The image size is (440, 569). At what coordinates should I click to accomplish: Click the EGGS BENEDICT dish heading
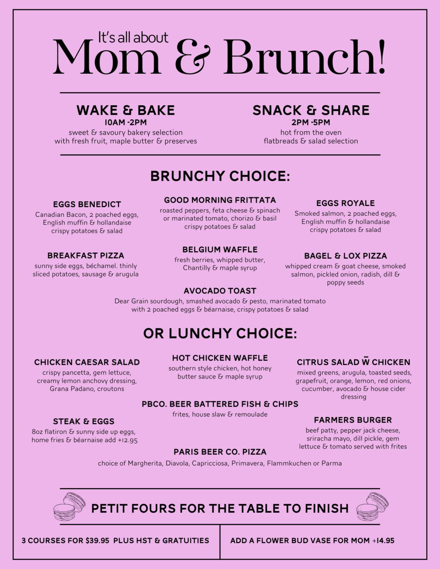tap(87, 204)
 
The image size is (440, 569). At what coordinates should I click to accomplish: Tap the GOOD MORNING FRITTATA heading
tap(220, 200)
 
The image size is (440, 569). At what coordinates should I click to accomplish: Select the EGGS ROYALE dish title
tap(345, 203)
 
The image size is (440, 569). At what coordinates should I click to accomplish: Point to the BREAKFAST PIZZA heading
tap(86, 256)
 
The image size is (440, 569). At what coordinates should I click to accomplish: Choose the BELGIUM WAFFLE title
tap(220, 250)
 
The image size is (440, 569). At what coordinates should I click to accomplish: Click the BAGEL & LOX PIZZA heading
tap(345, 256)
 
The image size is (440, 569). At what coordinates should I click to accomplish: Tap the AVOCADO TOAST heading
tap(220, 291)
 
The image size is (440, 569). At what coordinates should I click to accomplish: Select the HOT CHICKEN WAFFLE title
tap(220, 358)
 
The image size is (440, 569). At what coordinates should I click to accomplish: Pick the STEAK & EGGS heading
tap(83, 422)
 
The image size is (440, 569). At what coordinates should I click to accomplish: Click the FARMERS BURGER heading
tap(353, 420)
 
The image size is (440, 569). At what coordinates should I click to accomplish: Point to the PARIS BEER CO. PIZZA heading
tap(220, 452)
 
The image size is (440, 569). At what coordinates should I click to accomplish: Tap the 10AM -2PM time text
tap(125, 123)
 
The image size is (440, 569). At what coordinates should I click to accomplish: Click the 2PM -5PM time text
tap(311, 123)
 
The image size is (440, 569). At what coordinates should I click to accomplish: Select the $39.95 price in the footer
tap(97, 541)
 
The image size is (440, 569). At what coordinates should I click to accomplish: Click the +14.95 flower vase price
tap(383, 541)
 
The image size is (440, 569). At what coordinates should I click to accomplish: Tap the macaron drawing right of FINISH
tap(372, 506)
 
